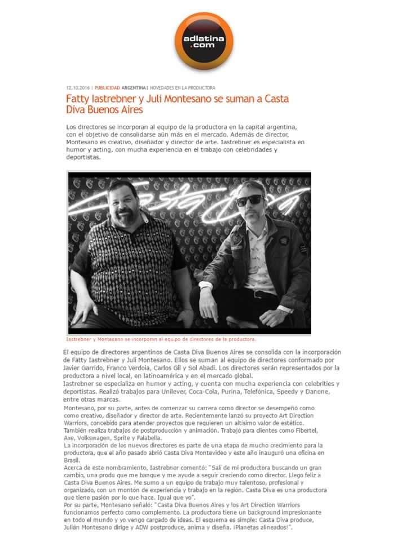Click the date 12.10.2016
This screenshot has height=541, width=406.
tap(78, 88)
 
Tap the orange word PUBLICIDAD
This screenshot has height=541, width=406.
tap(107, 88)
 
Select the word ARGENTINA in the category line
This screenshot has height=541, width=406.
tap(134, 88)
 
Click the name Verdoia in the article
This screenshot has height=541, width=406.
tap(123, 368)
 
